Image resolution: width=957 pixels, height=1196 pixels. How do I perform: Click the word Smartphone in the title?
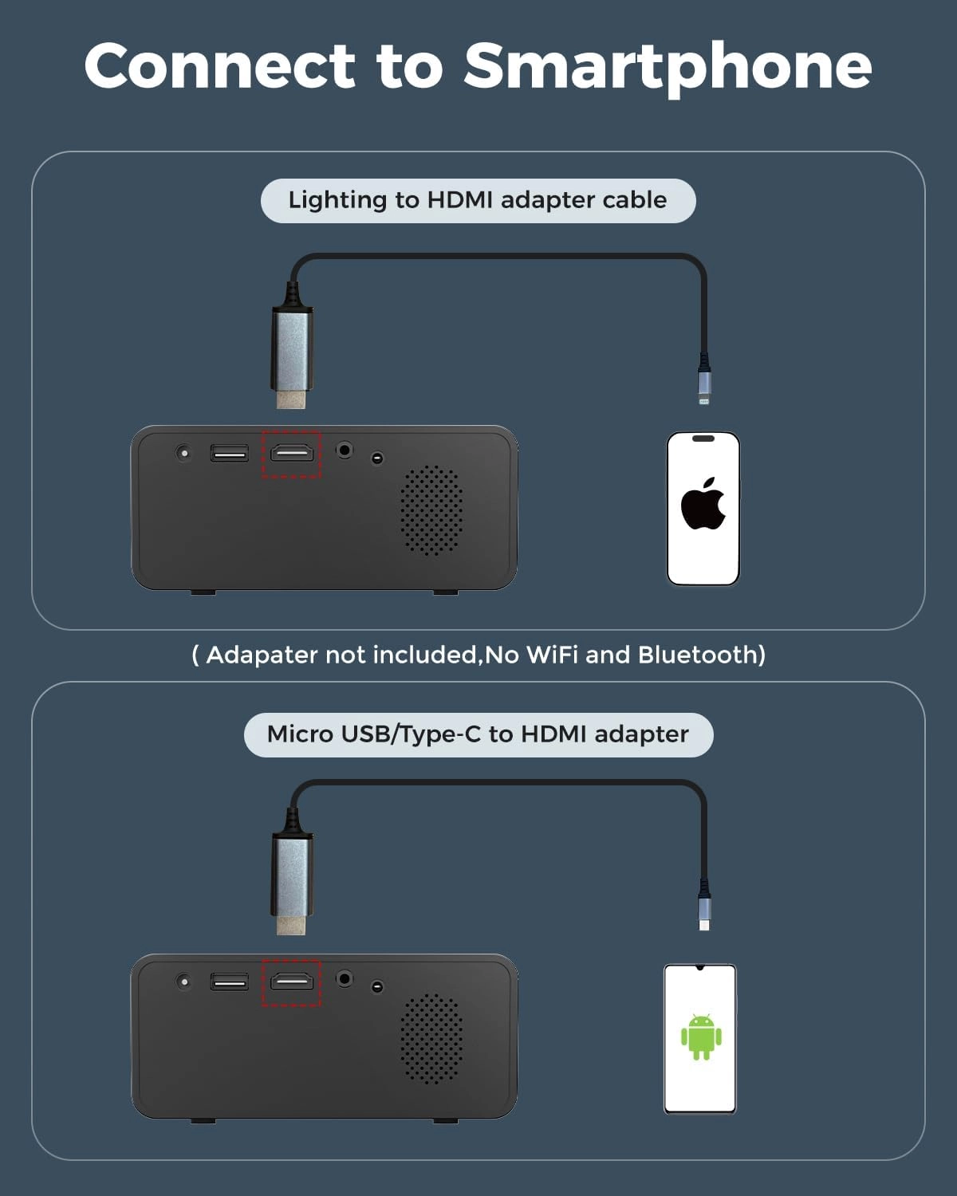point(668,69)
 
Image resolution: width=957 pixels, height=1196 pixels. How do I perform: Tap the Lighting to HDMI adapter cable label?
point(478,201)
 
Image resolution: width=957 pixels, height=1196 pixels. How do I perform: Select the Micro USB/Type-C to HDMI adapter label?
point(478,734)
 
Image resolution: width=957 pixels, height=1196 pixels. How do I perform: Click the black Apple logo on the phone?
point(703,503)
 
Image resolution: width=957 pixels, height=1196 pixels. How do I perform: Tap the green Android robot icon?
point(701,1037)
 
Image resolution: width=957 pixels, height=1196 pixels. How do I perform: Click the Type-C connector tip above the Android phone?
point(704,923)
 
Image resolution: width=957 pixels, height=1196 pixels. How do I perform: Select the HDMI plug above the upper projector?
point(292,356)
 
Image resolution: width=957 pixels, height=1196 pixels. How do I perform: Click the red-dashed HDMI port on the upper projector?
point(292,454)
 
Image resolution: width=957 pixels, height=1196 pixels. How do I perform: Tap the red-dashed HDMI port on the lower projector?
point(292,982)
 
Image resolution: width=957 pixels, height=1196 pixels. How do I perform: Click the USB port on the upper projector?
point(230,453)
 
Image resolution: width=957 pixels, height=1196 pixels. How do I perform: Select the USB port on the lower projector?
point(230,982)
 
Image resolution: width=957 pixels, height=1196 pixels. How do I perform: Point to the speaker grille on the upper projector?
point(431,510)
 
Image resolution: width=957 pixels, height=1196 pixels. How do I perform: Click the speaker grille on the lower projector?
point(431,1039)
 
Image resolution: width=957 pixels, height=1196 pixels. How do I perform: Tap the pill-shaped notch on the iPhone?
point(703,439)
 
